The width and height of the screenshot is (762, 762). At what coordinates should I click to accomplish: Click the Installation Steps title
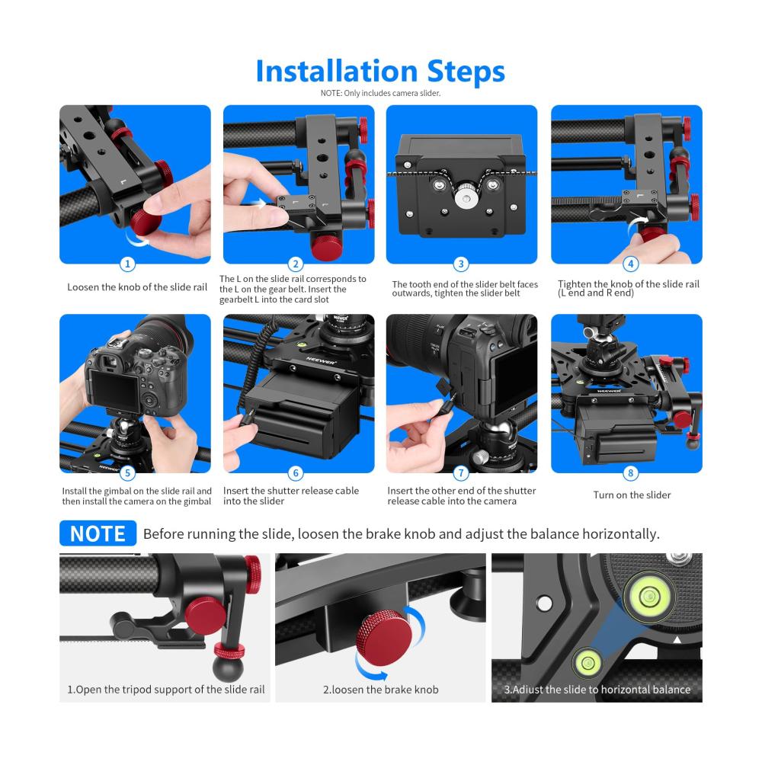(x=380, y=72)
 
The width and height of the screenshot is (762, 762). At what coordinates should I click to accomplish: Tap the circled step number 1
(x=127, y=264)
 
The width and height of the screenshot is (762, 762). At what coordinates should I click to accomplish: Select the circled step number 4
(x=630, y=264)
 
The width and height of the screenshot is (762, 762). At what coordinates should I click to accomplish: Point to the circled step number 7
(x=461, y=472)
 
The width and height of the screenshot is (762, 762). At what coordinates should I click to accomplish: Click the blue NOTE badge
(x=98, y=533)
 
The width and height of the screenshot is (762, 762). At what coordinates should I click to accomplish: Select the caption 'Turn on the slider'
(x=632, y=495)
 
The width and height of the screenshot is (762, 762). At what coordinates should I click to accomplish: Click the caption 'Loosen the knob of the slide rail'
(x=137, y=287)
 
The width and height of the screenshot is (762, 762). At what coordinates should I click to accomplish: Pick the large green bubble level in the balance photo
(x=648, y=595)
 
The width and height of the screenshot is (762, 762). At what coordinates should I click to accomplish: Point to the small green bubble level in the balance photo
(x=587, y=663)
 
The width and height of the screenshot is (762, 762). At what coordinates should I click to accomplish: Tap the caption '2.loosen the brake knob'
(x=380, y=690)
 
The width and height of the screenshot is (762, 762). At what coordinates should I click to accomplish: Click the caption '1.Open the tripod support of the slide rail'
(x=165, y=690)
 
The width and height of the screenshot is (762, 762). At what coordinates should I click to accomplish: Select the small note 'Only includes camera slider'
(x=380, y=93)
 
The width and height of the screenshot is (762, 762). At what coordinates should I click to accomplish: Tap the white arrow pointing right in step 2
(x=257, y=203)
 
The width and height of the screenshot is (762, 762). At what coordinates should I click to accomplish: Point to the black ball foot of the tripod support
(x=227, y=668)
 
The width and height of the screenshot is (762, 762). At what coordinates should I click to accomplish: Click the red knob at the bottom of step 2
(x=328, y=247)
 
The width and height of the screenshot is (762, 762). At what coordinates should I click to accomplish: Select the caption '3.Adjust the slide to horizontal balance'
(x=597, y=690)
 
